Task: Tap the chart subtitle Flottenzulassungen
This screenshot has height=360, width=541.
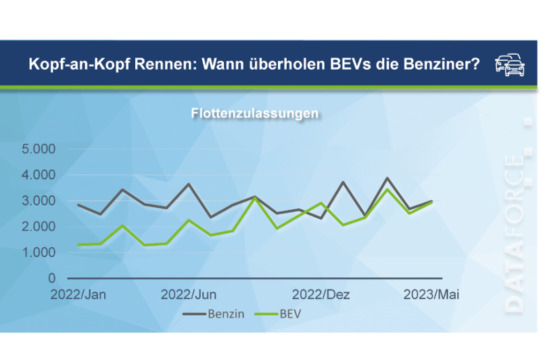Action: pos(254,114)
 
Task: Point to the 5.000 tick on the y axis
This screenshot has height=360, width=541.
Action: pos(40,149)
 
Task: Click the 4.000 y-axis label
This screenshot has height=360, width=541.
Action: pos(40,175)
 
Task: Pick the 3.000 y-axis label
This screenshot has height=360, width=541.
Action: pos(40,201)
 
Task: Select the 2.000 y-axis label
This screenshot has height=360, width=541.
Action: pos(40,227)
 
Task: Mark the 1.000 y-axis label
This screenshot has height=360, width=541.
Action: pos(40,252)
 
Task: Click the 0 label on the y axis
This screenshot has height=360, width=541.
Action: pos(52,278)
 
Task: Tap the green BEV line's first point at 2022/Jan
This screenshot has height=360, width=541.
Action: pos(78,244)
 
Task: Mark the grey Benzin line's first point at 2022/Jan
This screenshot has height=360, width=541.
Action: pos(78,204)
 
